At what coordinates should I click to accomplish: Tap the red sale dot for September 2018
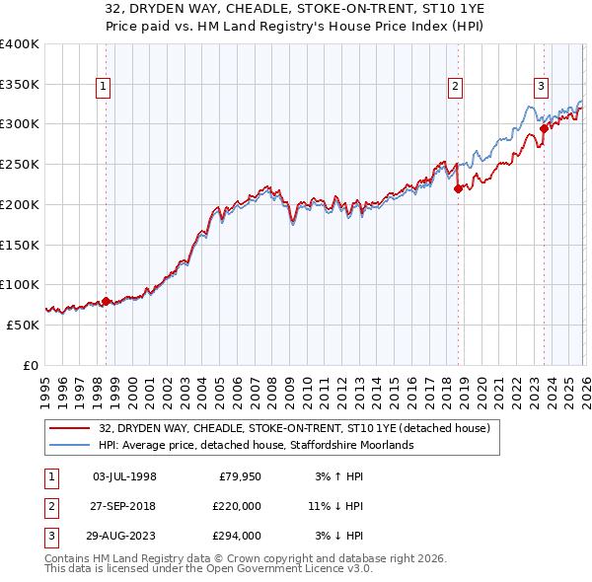(x=458, y=188)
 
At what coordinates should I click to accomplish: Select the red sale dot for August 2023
(x=544, y=128)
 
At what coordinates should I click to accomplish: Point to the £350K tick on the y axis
(x=20, y=84)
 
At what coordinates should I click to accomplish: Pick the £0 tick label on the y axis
(x=31, y=364)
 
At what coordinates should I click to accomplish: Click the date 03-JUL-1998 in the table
(x=124, y=476)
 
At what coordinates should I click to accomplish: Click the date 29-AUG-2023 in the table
(x=124, y=536)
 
